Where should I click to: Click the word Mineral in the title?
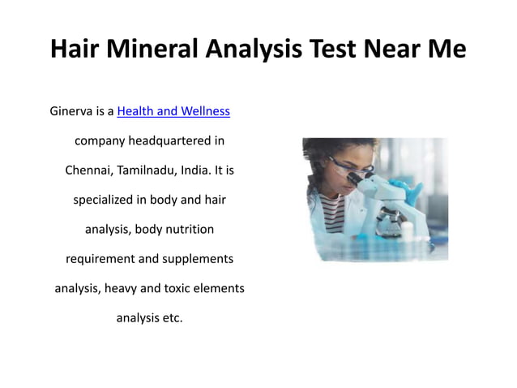[x=159, y=50]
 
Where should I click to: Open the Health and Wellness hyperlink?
[x=173, y=110]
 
